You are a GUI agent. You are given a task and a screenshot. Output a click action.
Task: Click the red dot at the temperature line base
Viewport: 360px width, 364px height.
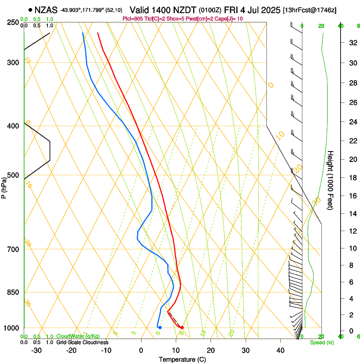pyautogui.click(x=182, y=328)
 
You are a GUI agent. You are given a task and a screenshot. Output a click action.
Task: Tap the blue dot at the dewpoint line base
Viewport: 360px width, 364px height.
pyautogui.click(x=160, y=328)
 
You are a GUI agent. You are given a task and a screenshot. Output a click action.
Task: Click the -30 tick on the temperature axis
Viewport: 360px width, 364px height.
pyautogui.click(x=36, y=350)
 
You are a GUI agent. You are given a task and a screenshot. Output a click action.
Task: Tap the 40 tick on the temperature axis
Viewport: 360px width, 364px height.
pyautogui.click(x=280, y=350)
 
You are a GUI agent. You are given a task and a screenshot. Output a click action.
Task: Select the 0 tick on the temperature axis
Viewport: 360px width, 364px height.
pyautogui.click(x=141, y=350)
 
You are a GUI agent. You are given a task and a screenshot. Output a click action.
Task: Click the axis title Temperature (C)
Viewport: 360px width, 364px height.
pyautogui.click(x=182, y=360)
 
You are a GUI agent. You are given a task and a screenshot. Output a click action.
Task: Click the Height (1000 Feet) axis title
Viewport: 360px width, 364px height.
pyautogui.click(x=331, y=180)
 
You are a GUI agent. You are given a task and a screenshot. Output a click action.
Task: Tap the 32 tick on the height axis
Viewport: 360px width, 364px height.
pyautogui.click(x=352, y=43)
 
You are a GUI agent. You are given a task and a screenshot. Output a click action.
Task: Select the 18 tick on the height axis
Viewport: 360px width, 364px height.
pyautogui.click(x=352, y=178)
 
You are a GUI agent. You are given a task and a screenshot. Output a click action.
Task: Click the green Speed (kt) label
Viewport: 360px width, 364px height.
pyautogui.click(x=321, y=342)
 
